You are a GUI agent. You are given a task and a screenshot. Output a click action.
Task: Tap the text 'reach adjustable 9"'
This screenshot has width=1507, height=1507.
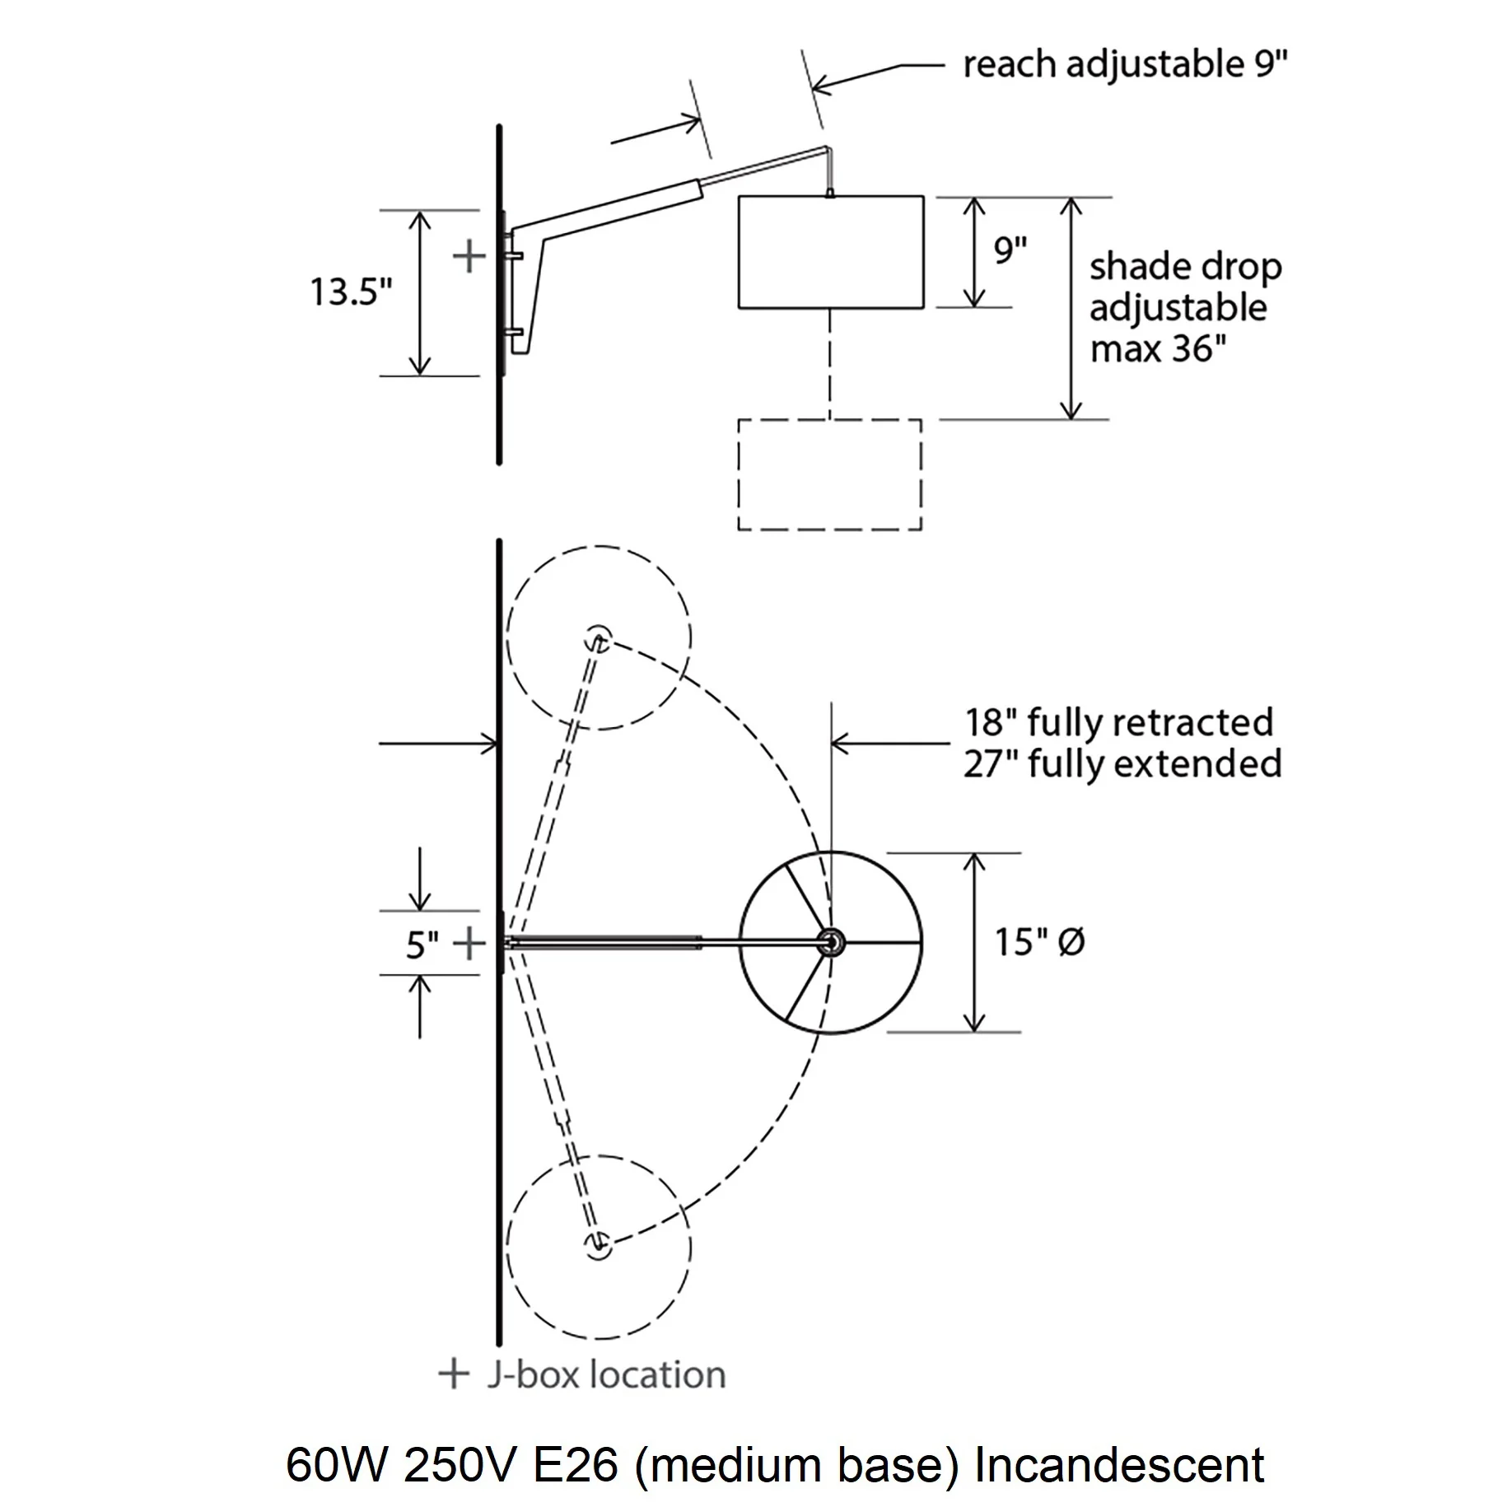pyautogui.click(x=1125, y=64)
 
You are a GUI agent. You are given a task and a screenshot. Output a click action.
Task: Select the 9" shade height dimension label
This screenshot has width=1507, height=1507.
pyautogui.click(x=1010, y=250)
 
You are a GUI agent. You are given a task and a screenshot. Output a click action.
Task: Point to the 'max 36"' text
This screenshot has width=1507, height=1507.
pyautogui.click(x=1158, y=349)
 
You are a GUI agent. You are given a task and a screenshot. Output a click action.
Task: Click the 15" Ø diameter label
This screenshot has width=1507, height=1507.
pyautogui.click(x=1040, y=942)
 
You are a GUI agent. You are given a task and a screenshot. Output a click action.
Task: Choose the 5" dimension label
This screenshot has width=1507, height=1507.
pyautogui.click(x=421, y=945)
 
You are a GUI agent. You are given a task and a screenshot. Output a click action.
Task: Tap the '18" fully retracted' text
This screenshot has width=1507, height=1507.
pyautogui.click(x=1119, y=722)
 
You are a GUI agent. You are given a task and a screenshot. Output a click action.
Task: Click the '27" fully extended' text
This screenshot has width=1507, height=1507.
pyautogui.click(x=1122, y=764)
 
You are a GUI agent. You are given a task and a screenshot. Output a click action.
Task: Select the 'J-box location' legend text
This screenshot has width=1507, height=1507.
pyautogui.click(x=607, y=1374)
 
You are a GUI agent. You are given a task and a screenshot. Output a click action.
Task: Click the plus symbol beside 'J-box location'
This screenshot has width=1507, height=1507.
pyautogui.click(x=453, y=1374)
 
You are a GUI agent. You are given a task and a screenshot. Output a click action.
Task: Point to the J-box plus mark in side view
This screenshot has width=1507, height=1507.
pyautogui.click(x=469, y=256)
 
